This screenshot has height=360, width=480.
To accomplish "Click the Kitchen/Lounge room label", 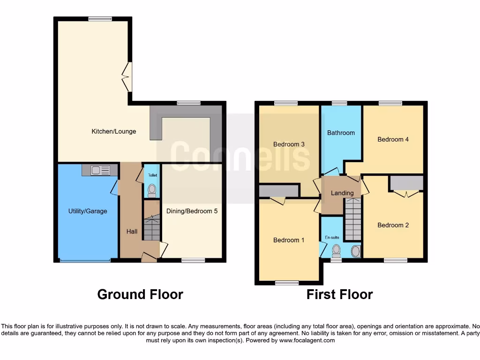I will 113,132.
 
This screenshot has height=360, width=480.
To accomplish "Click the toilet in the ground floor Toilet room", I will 151,189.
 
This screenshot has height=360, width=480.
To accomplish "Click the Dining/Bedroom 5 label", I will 192,211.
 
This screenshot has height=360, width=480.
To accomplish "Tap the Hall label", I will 132,232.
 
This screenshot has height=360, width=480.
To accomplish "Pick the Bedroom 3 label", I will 289,144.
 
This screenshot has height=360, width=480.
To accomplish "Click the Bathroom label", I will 341,133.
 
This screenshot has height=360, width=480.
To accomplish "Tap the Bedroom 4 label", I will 393,139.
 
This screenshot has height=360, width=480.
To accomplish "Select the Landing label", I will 342,193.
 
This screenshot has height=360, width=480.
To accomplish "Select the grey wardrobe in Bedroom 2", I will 406,183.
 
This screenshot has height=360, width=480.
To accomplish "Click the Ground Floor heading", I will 140,294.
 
